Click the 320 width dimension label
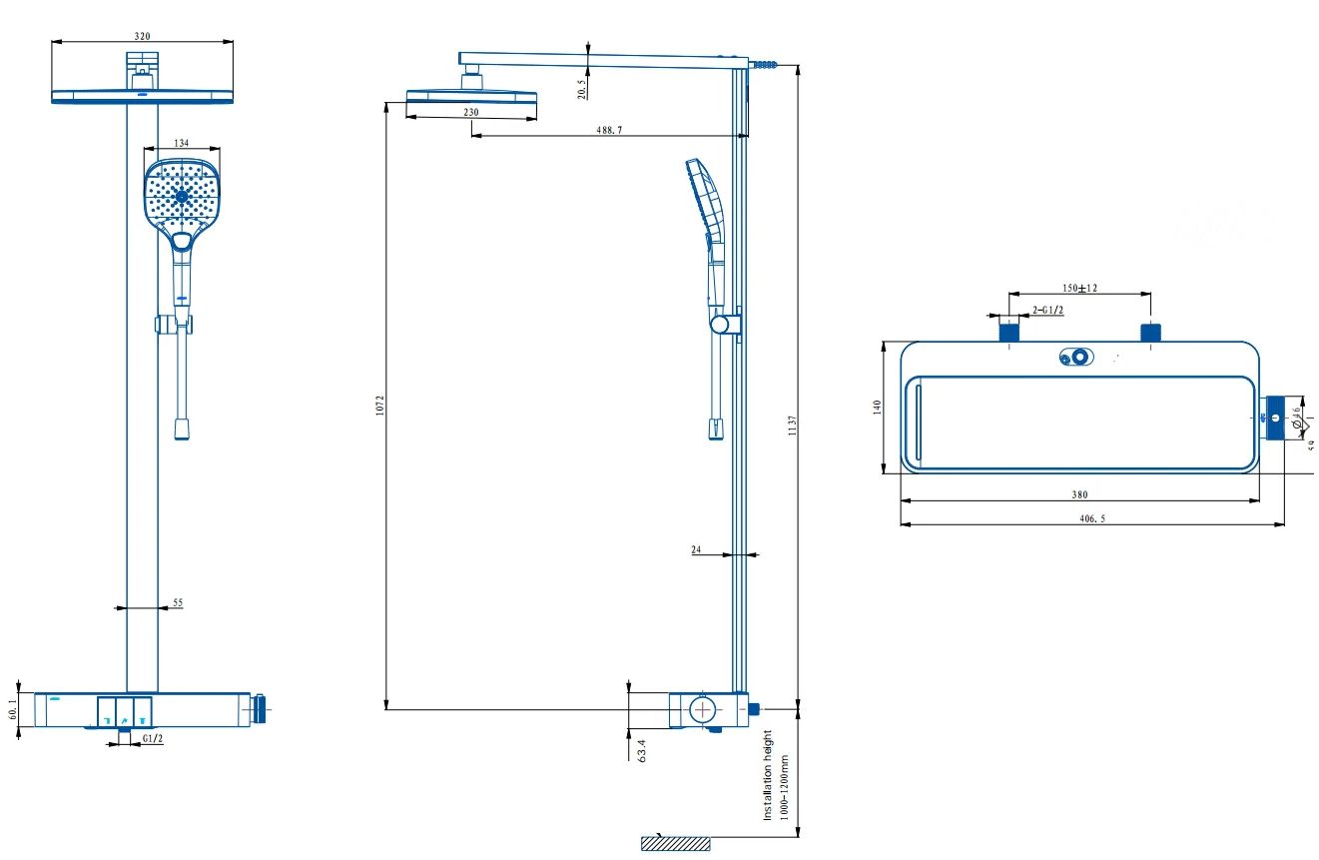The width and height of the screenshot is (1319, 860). coord(142,36)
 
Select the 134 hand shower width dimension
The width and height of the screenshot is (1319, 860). coord(181,144)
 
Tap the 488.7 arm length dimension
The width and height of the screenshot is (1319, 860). coord(609,130)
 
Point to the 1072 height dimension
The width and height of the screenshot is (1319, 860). coord(380,405)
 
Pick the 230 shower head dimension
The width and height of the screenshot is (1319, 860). coord(470,113)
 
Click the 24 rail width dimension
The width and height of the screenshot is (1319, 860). coord(696,549)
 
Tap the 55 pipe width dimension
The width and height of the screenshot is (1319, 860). coord(178,602)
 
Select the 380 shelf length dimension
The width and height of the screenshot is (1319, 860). coord(1079,494)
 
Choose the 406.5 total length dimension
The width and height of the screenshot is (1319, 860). coord(1092,518)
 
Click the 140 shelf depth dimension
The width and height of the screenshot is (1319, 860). coord(877,408)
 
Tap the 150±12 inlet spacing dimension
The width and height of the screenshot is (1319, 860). coord(1079,288)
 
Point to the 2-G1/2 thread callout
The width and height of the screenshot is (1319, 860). coord(1047,310)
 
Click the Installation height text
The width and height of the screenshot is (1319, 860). coord(769,775)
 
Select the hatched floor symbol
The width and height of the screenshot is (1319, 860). coord(675,844)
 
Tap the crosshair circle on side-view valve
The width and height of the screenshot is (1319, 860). coord(704,710)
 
